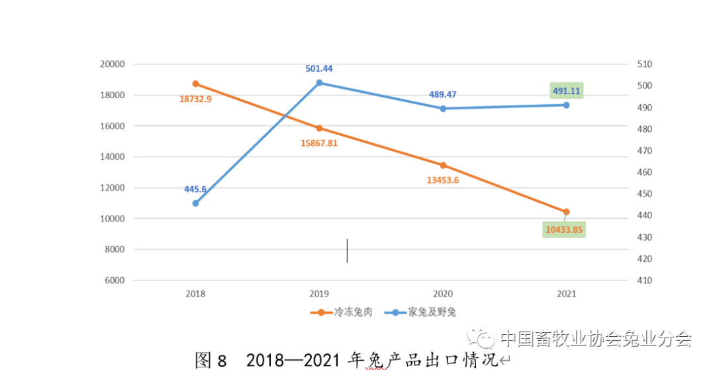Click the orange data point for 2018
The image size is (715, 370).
195,84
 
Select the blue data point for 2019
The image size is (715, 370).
319,83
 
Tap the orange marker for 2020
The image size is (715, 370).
443,165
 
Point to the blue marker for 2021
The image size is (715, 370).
566,105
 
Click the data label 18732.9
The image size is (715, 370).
195,99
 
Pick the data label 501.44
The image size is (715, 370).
319,68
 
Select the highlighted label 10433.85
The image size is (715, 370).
565,229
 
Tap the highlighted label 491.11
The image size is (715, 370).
566,92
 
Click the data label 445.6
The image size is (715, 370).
195,189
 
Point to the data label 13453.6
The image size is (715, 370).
443,180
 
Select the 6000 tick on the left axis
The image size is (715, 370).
114,280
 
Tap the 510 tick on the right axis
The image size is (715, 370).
644,64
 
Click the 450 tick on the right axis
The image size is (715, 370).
644,194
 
